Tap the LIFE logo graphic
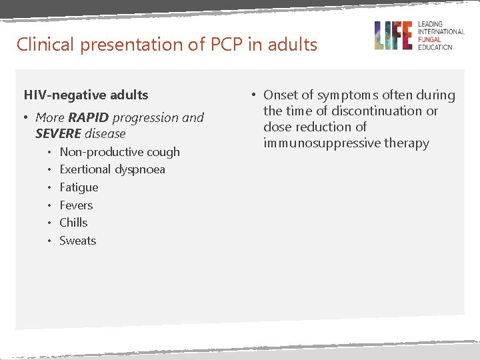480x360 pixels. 393,35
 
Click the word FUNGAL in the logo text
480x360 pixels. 431,39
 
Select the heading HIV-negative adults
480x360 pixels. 86,95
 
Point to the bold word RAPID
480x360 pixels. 88,118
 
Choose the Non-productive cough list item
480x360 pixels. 119,152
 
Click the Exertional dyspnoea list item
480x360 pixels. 112,169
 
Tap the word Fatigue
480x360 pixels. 79,187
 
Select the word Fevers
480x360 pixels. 76,205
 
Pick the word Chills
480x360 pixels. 73,223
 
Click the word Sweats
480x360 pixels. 77,241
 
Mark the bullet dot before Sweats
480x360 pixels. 49,241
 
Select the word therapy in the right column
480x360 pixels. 411,143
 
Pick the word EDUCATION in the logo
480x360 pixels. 435,47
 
